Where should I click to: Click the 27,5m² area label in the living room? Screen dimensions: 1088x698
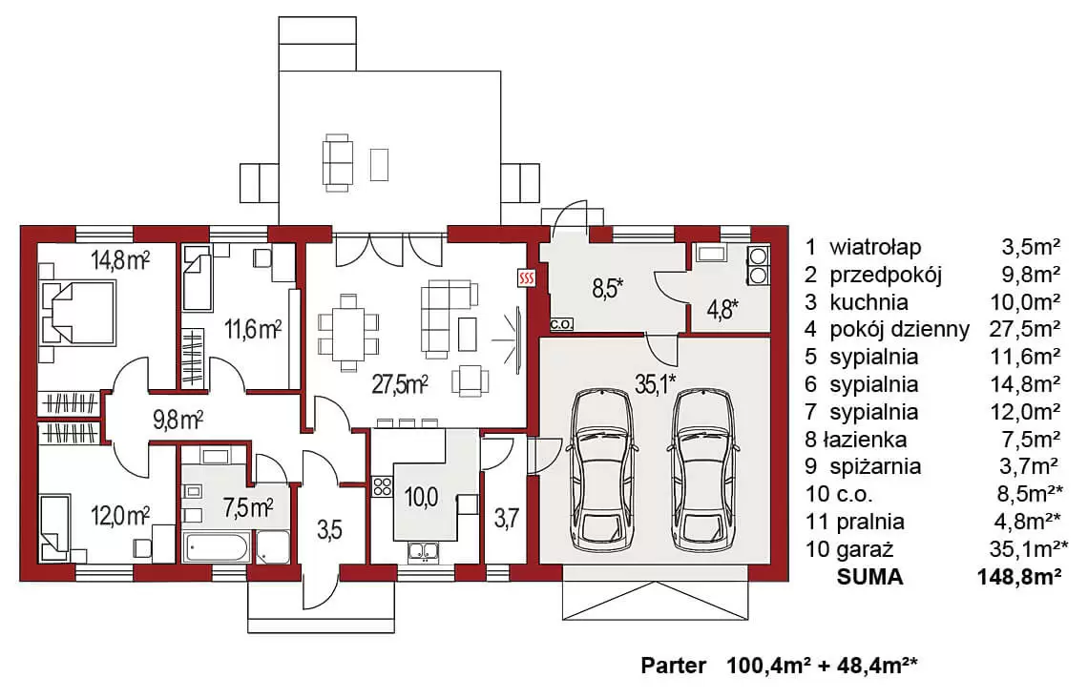click(x=399, y=383)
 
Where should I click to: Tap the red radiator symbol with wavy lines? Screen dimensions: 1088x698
click(x=528, y=278)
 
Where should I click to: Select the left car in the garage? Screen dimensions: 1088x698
click(x=601, y=470)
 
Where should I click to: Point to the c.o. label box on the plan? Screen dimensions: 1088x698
click(x=561, y=323)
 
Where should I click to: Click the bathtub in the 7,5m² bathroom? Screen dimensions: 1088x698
click(x=217, y=547)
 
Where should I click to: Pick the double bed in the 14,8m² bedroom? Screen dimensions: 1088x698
click(x=76, y=312)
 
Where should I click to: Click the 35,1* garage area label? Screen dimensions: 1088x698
click(x=655, y=382)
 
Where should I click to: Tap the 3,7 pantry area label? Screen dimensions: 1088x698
click(x=507, y=518)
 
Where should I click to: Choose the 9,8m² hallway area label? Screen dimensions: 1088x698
click(x=178, y=421)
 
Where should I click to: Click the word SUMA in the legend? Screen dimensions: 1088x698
click(x=870, y=577)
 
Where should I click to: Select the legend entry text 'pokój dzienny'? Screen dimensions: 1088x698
click(x=899, y=329)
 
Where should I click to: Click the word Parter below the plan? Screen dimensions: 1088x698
click(x=673, y=667)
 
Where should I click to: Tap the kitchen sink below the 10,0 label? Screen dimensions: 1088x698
click(x=423, y=551)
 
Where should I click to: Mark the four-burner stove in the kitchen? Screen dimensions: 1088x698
click(x=383, y=486)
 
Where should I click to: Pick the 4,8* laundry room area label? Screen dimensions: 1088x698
click(x=722, y=309)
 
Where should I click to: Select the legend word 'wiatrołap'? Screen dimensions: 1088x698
click(x=875, y=247)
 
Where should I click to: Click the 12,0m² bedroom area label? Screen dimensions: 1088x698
click(x=120, y=517)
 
